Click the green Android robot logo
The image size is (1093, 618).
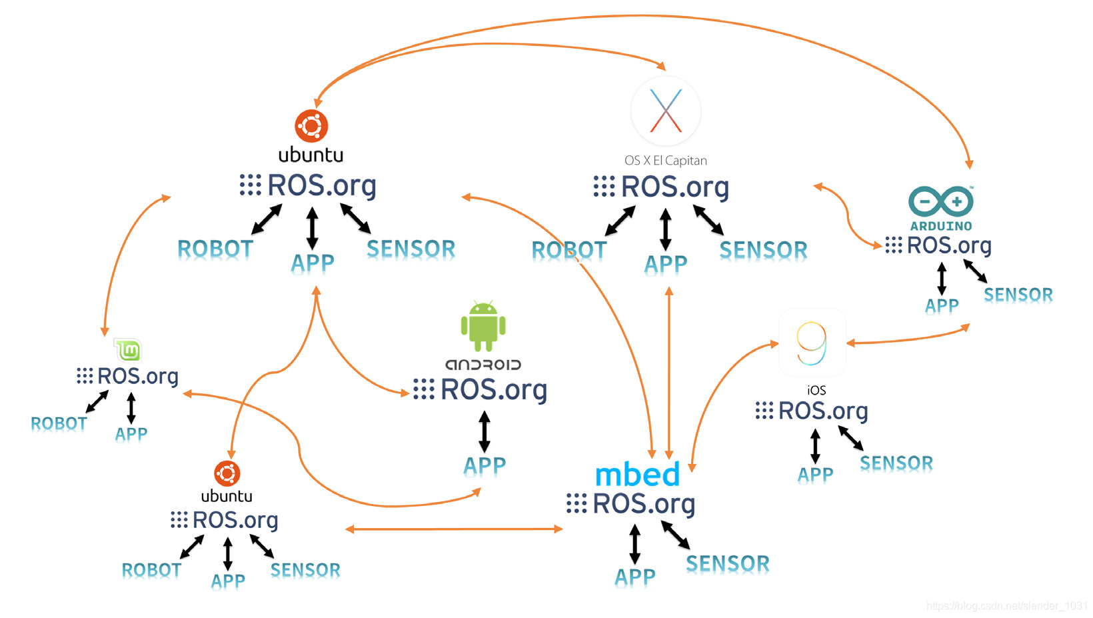click(483, 325)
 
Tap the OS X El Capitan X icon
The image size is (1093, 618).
click(666, 111)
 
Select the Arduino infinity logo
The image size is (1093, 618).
click(941, 201)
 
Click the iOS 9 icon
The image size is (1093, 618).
click(812, 343)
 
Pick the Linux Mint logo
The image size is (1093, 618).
click(128, 350)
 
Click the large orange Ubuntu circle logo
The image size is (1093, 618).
click(311, 126)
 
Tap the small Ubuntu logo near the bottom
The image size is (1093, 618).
click(227, 473)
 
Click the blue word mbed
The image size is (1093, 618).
click(637, 475)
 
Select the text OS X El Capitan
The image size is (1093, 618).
click(665, 161)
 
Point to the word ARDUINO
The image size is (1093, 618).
click(941, 226)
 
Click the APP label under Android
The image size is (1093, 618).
click(485, 465)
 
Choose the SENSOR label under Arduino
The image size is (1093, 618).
click(1018, 295)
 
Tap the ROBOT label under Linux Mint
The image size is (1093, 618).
click(59, 424)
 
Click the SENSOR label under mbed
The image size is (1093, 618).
click(727, 564)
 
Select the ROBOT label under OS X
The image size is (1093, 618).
click(568, 251)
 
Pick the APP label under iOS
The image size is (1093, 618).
click(815, 475)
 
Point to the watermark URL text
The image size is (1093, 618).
click(1006, 605)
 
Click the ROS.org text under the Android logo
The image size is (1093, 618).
click(493, 389)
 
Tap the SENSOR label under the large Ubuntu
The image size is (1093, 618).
click(411, 249)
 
